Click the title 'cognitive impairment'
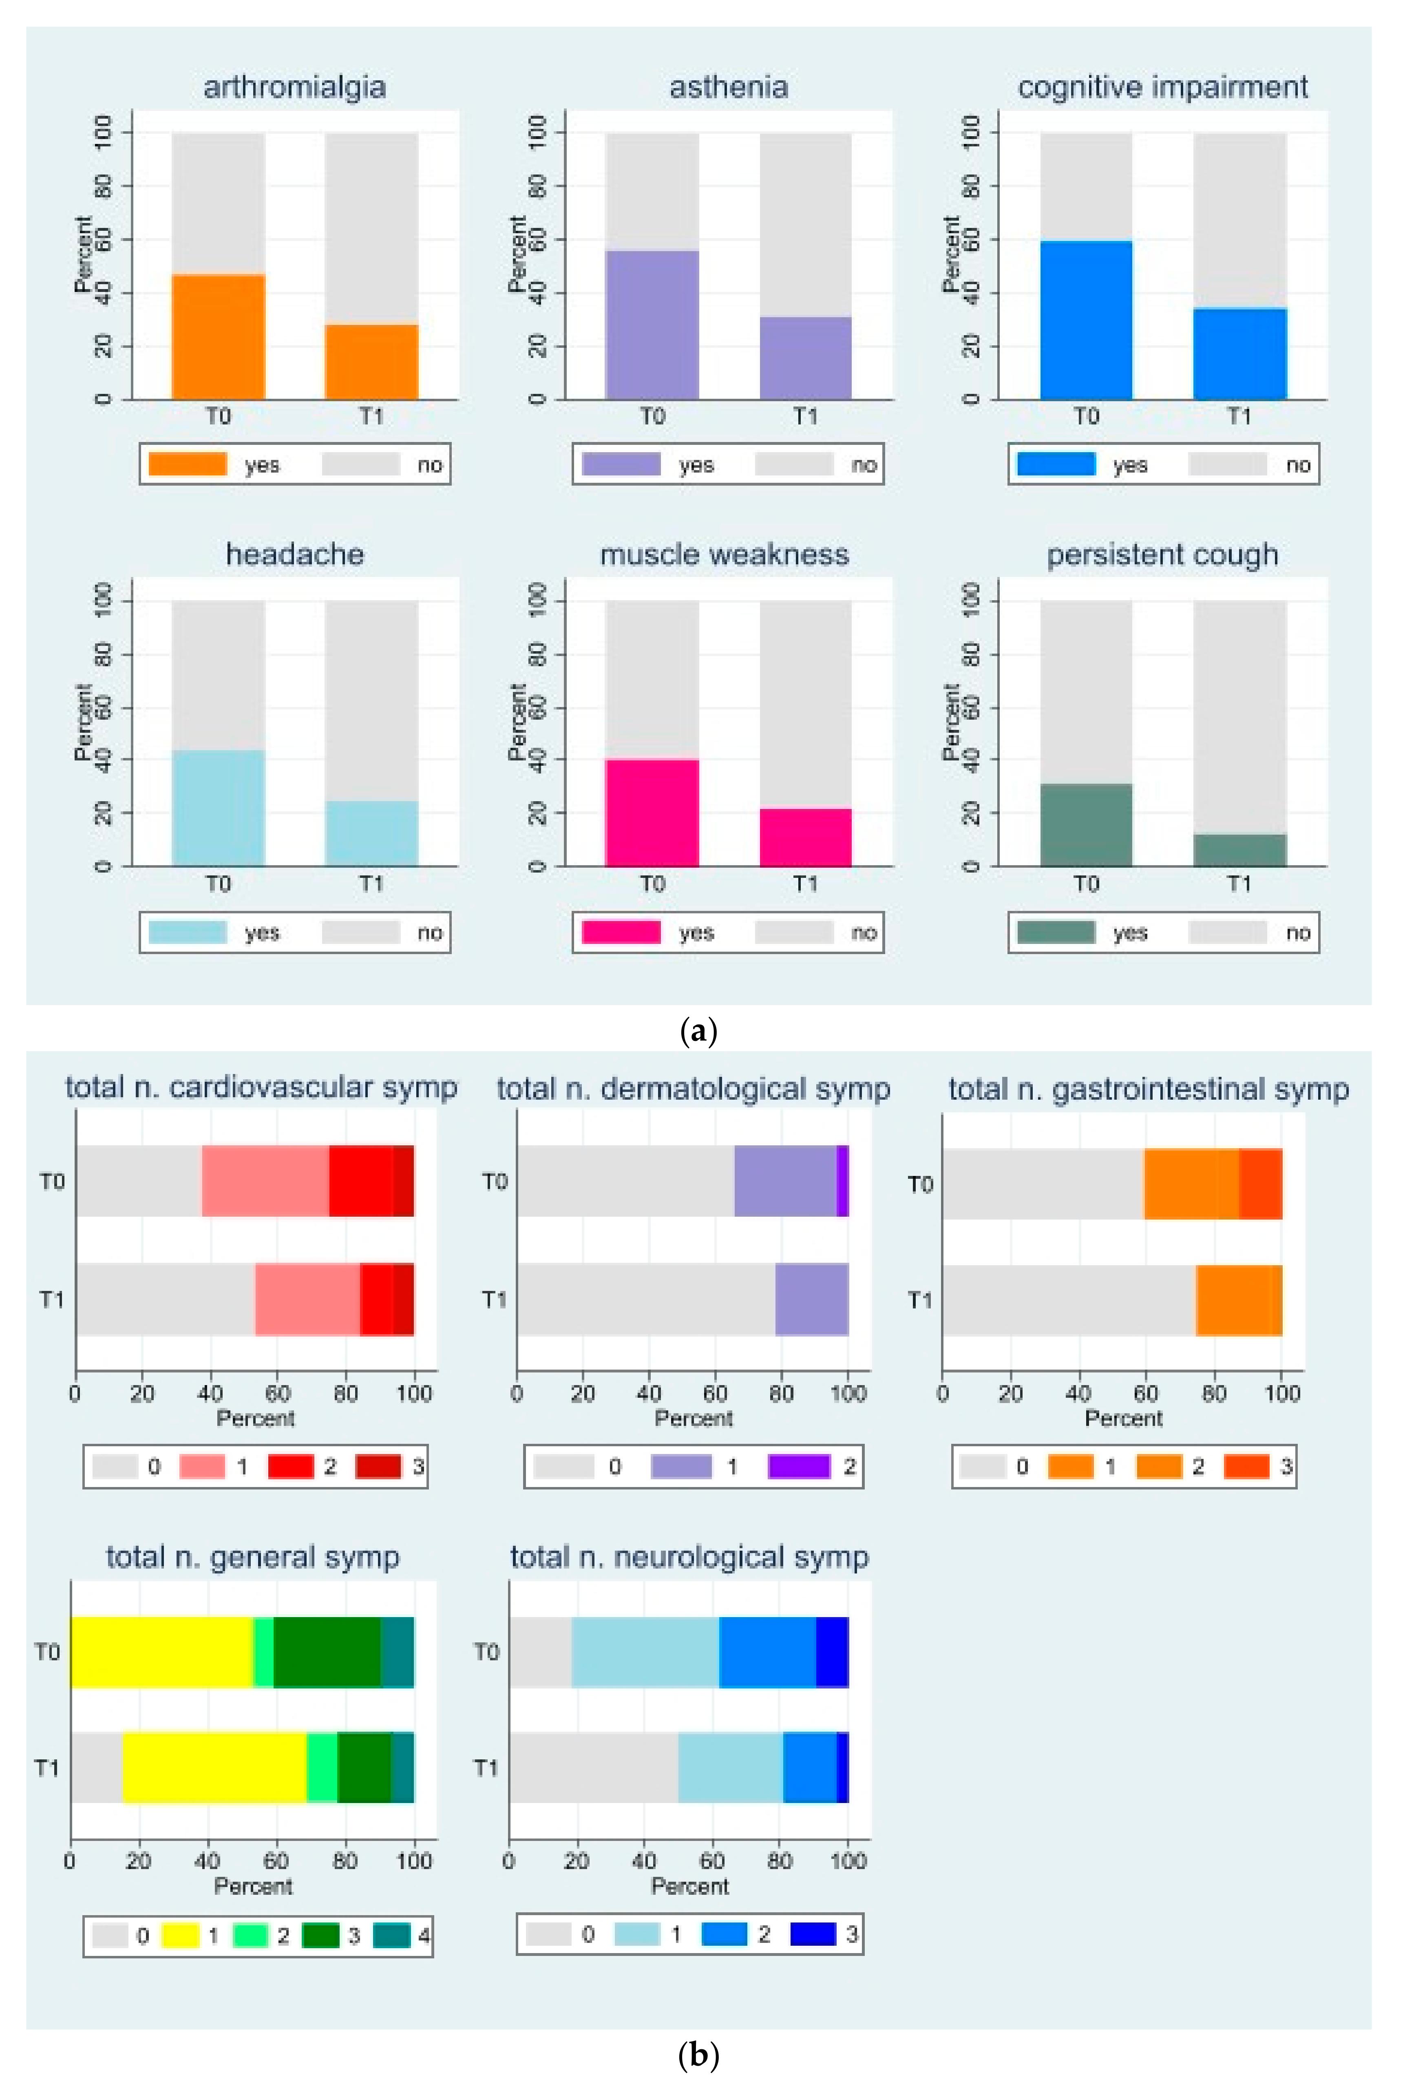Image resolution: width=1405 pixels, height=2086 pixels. click(x=1162, y=87)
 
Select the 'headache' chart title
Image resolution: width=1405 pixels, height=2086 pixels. click(x=295, y=555)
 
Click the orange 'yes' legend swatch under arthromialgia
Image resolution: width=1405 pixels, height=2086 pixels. click(x=187, y=464)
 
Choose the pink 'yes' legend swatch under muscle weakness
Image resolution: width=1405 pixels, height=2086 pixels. click(x=621, y=932)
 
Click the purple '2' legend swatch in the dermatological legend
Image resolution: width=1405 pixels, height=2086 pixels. click(x=798, y=1467)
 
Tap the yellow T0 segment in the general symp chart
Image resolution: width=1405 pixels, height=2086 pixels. click(x=161, y=1651)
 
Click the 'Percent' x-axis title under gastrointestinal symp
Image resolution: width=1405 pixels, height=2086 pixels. click(x=1123, y=1419)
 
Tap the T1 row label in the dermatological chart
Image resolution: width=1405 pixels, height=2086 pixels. click(x=494, y=1299)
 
